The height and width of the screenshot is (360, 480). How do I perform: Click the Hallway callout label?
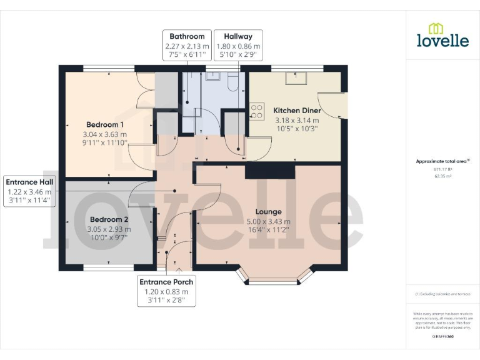(238, 36)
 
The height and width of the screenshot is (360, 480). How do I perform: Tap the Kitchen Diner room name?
(297, 111)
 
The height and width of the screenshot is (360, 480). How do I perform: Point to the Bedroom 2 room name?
(109, 219)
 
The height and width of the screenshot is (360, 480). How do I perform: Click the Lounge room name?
(268, 211)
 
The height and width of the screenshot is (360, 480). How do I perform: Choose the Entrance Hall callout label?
(29, 181)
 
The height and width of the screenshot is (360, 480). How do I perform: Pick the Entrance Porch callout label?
(166, 282)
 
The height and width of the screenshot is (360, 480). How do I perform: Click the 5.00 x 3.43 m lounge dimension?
(268, 221)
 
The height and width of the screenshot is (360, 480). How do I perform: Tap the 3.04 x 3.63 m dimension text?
(104, 134)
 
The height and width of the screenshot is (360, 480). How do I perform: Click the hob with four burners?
(256, 111)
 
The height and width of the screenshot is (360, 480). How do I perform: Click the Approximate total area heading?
(442, 161)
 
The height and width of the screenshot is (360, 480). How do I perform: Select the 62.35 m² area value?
(442, 176)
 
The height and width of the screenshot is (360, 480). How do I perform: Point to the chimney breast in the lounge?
(270, 171)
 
